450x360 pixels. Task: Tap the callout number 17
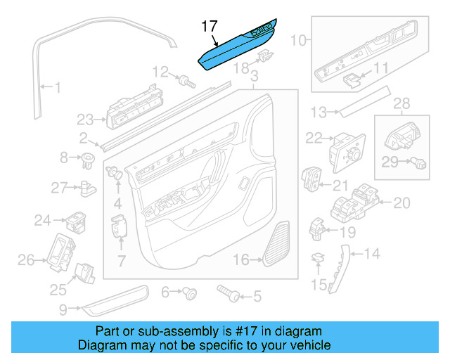[x=209, y=26]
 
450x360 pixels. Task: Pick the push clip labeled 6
[x=188, y=292]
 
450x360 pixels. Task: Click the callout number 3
[x=255, y=76]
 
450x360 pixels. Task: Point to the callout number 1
[x=57, y=89]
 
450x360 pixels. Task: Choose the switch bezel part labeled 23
[x=130, y=112]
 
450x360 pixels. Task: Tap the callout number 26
[x=27, y=261]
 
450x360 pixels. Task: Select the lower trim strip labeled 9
[x=116, y=298]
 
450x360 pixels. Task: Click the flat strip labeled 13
[x=362, y=101]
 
